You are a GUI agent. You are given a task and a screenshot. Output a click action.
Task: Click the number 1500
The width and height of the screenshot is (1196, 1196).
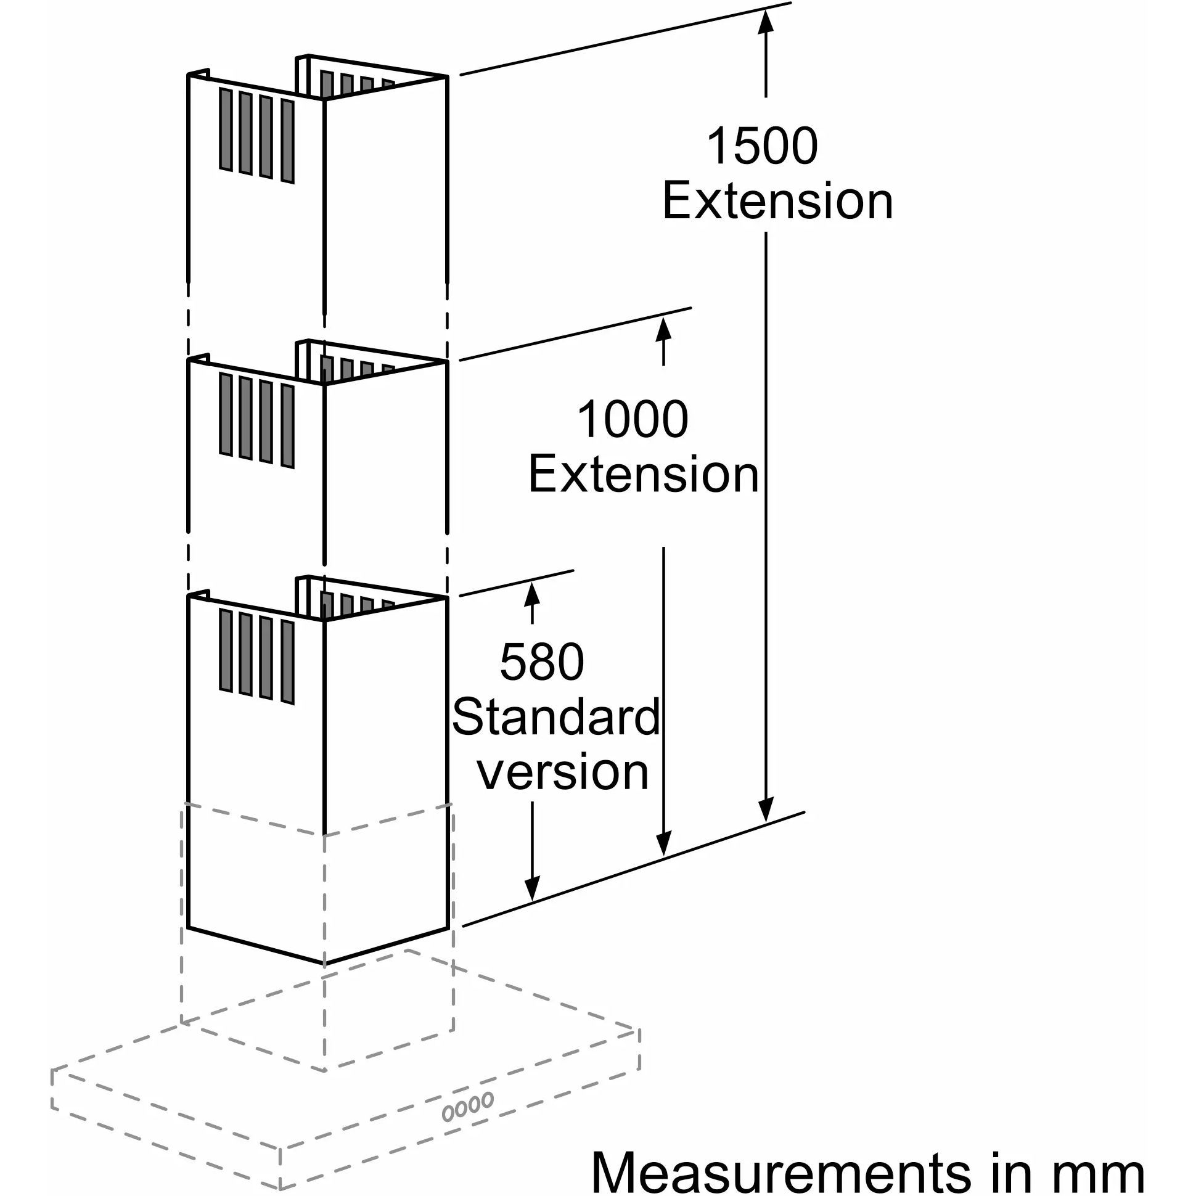pyautogui.click(x=761, y=146)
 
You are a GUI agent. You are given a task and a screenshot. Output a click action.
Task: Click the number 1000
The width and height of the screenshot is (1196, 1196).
pyautogui.click(x=632, y=419)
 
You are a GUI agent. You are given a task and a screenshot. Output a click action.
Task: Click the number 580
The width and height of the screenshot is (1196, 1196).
pyautogui.click(x=542, y=661)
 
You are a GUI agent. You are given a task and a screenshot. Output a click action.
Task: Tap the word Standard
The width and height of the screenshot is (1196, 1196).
pyautogui.click(x=556, y=717)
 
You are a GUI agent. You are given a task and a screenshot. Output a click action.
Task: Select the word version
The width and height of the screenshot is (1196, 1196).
pyautogui.click(x=563, y=771)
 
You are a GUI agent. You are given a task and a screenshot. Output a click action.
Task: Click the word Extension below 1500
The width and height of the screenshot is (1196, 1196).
pyautogui.click(x=777, y=201)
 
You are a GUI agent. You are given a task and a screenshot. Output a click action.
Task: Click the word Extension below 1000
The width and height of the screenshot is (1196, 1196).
pyautogui.click(x=643, y=474)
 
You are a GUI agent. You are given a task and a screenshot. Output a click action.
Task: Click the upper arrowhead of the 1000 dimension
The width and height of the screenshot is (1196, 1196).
pyautogui.click(x=663, y=326)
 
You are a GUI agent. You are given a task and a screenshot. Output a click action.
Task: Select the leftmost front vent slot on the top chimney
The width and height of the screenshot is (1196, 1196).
pyautogui.click(x=226, y=129)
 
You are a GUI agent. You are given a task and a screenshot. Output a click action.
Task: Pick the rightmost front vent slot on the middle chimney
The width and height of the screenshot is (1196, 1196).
pyautogui.click(x=287, y=426)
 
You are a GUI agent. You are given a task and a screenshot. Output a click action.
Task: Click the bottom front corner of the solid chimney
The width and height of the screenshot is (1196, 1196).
pyautogui.click(x=324, y=962)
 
